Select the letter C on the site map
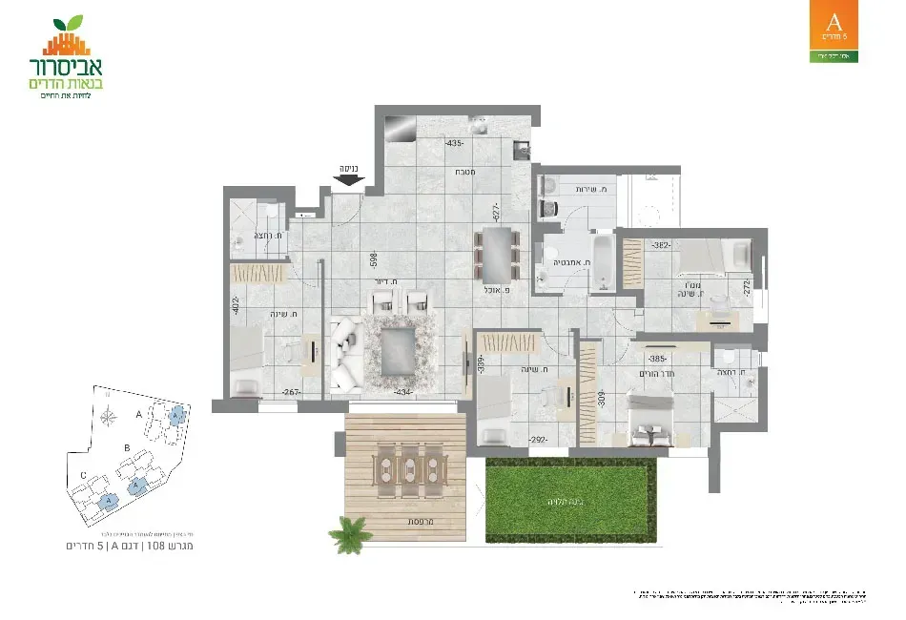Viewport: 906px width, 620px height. point(84,475)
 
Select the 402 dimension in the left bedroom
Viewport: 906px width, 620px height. point(235,307)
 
